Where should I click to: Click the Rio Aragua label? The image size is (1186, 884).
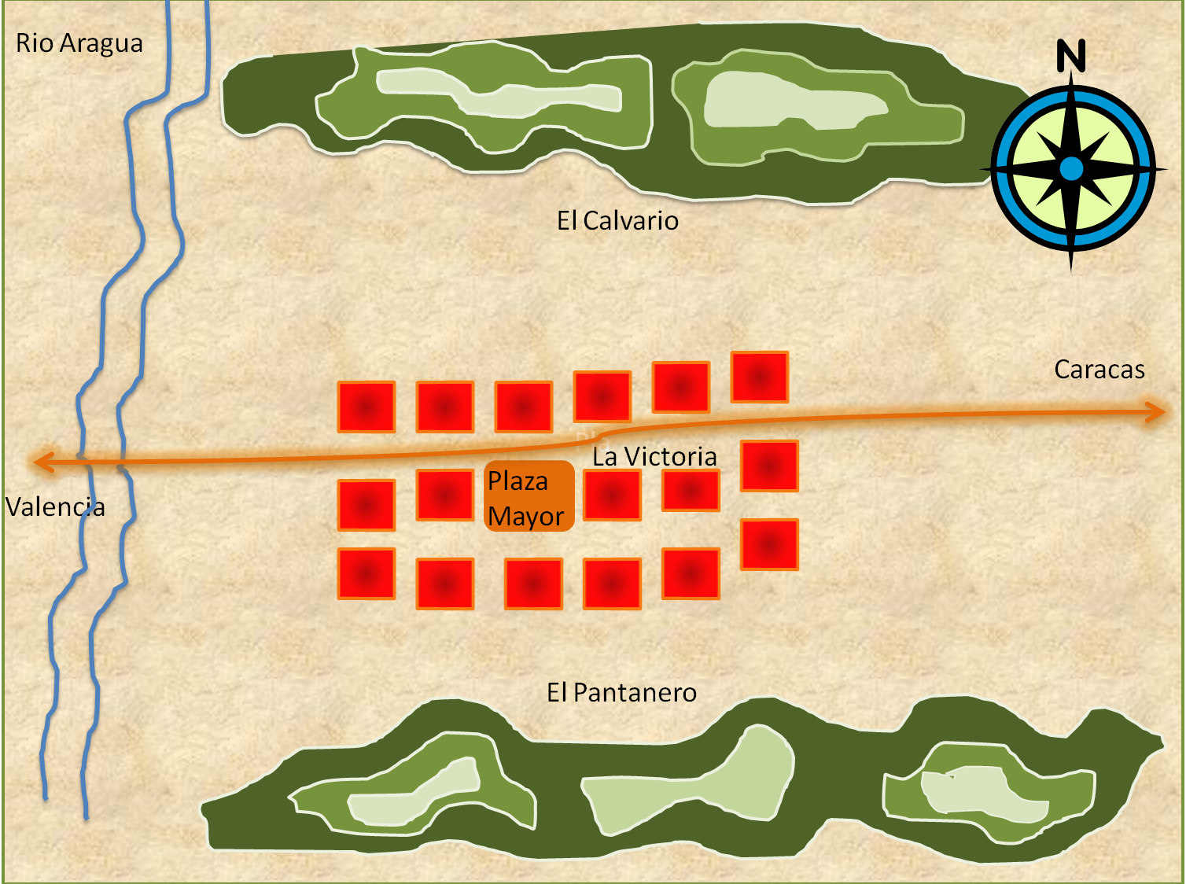tap(79, 43)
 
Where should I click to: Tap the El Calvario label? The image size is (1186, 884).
tap(617, 221)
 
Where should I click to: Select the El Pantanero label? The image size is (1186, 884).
tap(621, 693)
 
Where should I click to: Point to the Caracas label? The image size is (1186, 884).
tap(1099, 370)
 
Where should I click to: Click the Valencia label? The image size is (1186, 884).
tap(55, 507)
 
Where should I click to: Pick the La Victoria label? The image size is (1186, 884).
tap(654, 457)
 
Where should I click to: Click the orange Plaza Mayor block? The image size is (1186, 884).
tap(529, 497)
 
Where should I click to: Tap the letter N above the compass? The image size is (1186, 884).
tap(1070, 56)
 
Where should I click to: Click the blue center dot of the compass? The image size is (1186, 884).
tap(1070, 169)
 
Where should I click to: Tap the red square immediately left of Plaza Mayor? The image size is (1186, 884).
tap(445, 495)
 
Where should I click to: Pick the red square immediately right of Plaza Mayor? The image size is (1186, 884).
tap(612, 495)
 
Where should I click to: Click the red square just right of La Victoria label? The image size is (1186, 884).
tap(769, 466)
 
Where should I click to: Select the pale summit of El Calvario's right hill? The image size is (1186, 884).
tap(786, 102)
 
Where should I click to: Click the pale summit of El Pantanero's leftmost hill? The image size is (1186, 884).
tap(417, 794)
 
